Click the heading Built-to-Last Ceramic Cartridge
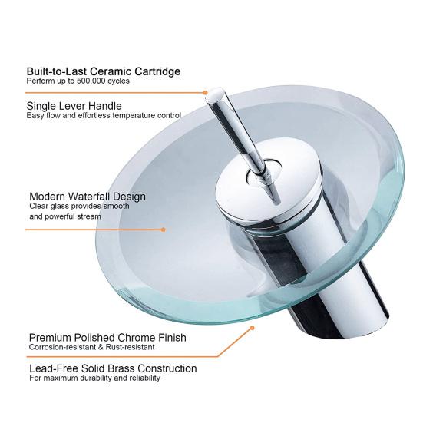104,71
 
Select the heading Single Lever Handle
74,106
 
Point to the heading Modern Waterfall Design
87,197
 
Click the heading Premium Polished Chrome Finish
107,337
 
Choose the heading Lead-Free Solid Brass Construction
113,368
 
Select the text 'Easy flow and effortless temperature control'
104,116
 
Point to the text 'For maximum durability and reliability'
94,378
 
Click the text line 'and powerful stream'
65,217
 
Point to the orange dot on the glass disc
162,229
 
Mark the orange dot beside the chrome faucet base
251,328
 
